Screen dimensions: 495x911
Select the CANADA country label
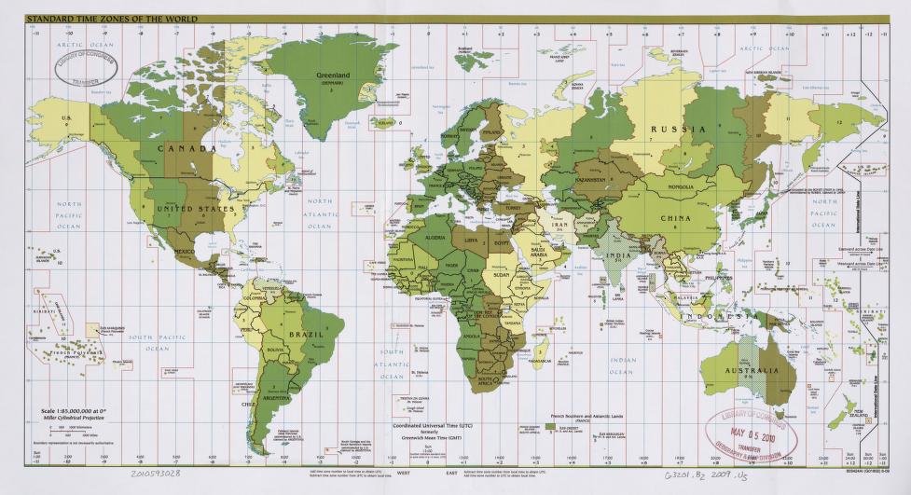(186, 148)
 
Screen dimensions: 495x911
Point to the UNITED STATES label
(196, 209)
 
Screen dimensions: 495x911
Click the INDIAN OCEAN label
(622, 364)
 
